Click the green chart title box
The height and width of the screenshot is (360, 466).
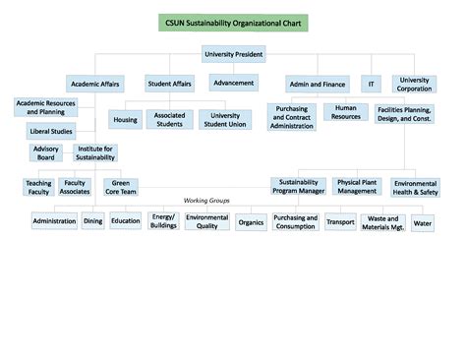coord(233,23)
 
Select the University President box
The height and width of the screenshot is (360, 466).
coord(233,53)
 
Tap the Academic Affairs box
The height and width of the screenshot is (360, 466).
coord(95,84)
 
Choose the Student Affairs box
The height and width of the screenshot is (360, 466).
coord(169,84)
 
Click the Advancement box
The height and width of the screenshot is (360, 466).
coord(234,83)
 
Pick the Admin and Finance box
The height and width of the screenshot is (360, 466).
coord(317,84)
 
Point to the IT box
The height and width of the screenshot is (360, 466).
coord(371,84)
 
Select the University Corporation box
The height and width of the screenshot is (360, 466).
coord(415,85)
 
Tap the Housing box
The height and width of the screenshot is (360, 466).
coord(125,119)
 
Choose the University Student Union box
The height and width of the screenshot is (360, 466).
coord(225,119)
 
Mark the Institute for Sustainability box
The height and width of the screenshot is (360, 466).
coord(95,152)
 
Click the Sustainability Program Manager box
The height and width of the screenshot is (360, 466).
coord(299,186)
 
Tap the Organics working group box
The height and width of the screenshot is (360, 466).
coord(251,222)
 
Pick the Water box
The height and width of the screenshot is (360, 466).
coord(423,222)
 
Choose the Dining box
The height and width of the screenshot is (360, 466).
coord(92,221)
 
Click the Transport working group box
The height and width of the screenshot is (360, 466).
coord(340,222)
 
